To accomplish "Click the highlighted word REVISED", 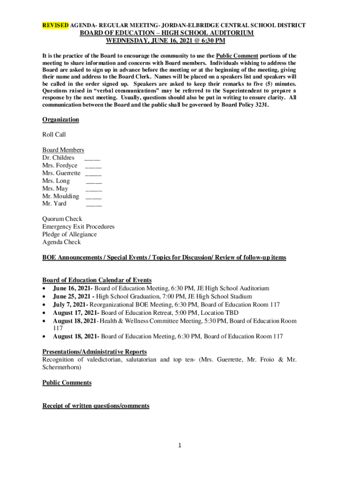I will pos(56,25).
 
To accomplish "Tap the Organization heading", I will pos(60,120).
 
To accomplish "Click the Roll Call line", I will pos(54,135).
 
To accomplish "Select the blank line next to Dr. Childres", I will pos(92,159).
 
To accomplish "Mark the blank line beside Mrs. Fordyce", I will pos(94,167).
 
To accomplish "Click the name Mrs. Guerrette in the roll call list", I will pos(61,173).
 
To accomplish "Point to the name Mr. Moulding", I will pos(60,196).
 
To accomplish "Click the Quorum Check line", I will pos(62,219).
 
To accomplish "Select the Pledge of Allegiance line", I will pos(69,234).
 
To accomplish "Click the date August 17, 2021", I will pos(75,312).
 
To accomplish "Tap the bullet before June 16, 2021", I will pos(44,289).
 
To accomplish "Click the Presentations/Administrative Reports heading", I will pos(94,352).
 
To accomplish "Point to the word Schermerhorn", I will pos(61,368).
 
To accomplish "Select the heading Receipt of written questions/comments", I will pos(96,406).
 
